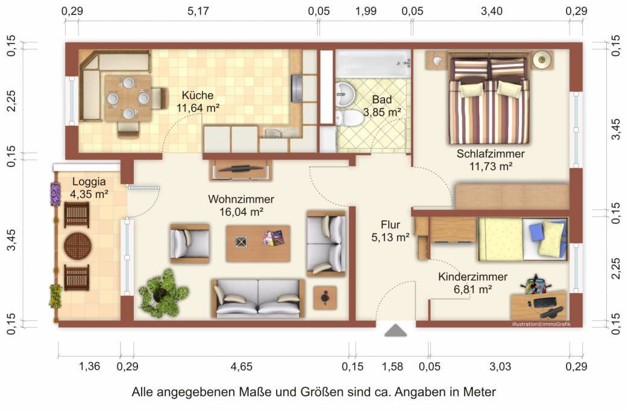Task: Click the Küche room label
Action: (x=198, y=95)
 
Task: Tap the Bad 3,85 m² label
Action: (x=382, y=106)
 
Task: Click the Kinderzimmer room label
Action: (x=473, y=277)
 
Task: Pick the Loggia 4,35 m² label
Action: (x=89, y=187)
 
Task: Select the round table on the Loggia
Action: (x=77, y=246)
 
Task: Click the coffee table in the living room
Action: (x=257, y=243)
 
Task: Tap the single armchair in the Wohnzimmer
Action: (x=189, y=243)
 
